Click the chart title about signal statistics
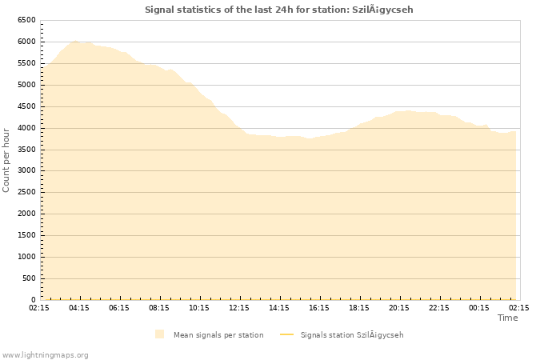tap(279, 10)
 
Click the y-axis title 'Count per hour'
tap(6, 159)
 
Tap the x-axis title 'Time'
tap(507, 318)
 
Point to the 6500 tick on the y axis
tap(26, 20)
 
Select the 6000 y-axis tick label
tap(26, 42)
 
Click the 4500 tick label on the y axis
tap(26, 106)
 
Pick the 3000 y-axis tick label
tap(26, 171)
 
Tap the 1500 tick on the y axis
tap(26, 235)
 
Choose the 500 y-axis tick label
tap(29, 278)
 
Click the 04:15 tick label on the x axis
tap(79, 307)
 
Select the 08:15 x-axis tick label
tap(159, 307)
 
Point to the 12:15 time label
tap(239, 307)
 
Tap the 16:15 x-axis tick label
tap(319, 307)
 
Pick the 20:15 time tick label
tap(399, 307)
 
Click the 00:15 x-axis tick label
tap(479, 307)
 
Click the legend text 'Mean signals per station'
tap(218, 334)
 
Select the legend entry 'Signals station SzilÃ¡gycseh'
tap(352, 334)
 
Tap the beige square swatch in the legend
tap(160, 334)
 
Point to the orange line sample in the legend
tap(287, 334)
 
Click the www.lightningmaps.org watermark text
tap(45, 354)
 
